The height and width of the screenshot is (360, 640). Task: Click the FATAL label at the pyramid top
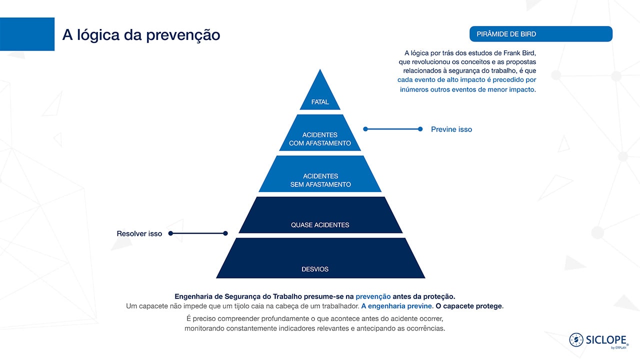click(x=320, y=102)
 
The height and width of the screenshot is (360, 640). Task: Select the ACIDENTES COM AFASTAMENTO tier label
click(x=320, y=139)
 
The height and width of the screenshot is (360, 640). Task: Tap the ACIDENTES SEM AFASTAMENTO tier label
click(x=320, y=180)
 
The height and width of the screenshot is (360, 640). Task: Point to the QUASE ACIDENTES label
click(x=320, y=225)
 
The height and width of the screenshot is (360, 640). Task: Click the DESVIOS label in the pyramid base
click(x=315, y=269)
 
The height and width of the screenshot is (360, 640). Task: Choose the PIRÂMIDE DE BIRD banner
click(x=541, y=34)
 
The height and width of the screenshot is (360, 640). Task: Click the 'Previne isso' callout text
click(x=451, y=129)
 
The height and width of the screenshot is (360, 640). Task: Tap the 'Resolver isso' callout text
click(x=139, y=233)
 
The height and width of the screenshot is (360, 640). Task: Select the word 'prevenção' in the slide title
click(x=183, y=35)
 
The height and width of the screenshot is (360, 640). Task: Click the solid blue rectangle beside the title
click(x=27, y=34)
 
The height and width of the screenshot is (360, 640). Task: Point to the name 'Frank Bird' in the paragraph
click(x=519, y=53)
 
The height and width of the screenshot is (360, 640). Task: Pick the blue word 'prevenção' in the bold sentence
click(x=373, y=296)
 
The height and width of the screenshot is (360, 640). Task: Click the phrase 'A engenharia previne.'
click(x=397, y=306)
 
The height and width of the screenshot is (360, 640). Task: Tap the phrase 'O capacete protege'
click(x=468, y=306)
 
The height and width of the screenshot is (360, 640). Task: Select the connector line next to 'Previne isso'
click(x=393, y=129)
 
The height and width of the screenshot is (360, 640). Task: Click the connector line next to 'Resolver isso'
click(x=198, y=233)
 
